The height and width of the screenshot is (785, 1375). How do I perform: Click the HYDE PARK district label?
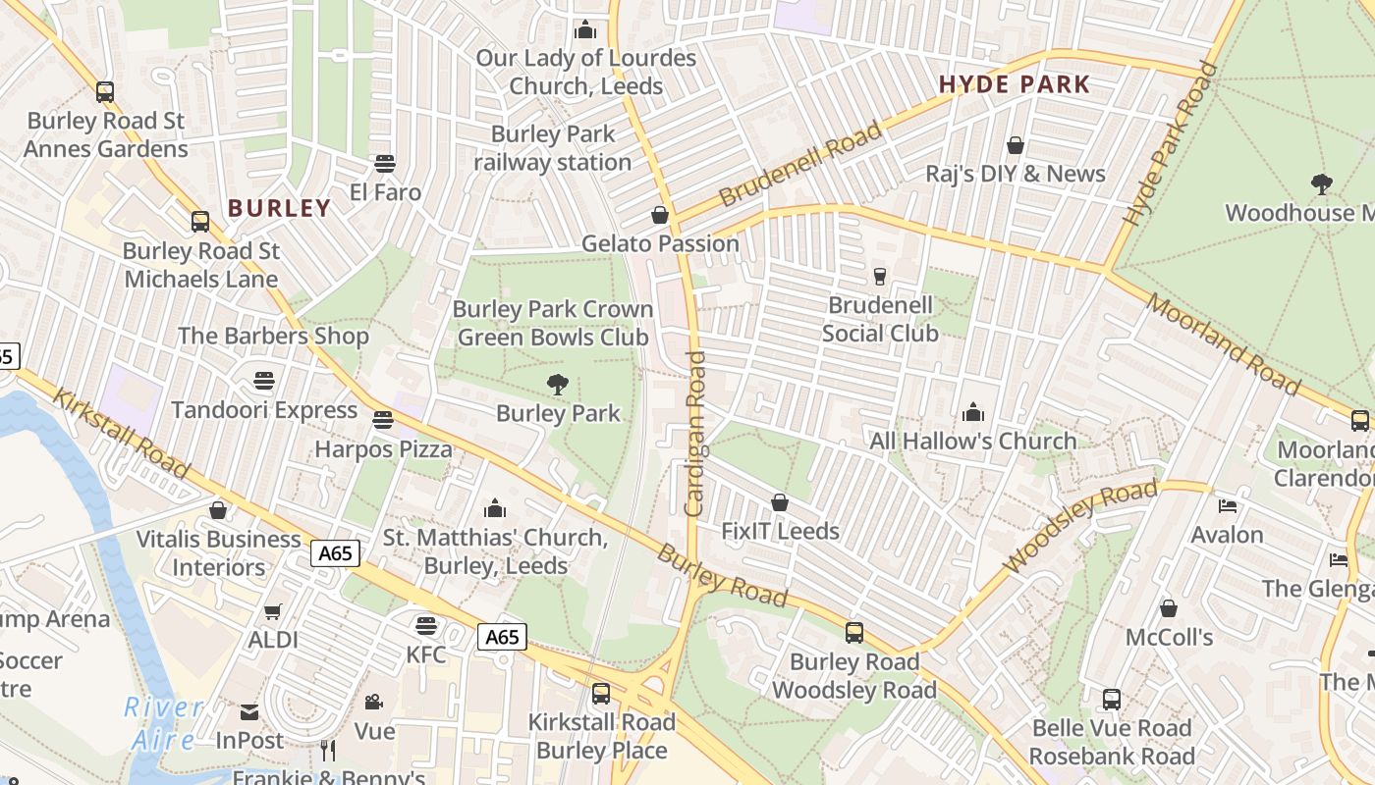(x=1015, y=84)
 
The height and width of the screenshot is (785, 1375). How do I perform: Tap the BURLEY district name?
(x=280, y=208)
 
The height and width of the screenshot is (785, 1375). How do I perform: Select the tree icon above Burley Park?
(x=558, y=385)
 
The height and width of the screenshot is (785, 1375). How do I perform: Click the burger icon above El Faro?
(x=385, y=164)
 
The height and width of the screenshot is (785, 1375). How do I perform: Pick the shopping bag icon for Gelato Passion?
(x=660, y=215)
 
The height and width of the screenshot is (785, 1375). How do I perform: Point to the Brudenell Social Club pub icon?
(x=879, y=277)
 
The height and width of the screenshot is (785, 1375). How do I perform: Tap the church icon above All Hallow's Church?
(x=973, y=412)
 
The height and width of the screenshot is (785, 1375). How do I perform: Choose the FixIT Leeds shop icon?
(x=780, y=502)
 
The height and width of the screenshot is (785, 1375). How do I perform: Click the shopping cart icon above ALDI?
(x=273, y=611)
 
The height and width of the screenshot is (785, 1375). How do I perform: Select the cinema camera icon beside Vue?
(x=373, y=702)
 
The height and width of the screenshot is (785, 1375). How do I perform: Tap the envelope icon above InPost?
(x=249, y=711)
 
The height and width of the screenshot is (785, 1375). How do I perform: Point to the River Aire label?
(x=164, y=722)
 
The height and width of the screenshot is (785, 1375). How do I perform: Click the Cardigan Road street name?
(x=695, y=434)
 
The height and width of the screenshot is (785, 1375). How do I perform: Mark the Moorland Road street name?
(x=1223, y=344)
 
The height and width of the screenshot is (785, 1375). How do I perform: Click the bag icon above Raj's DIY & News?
(x=1016, y=145)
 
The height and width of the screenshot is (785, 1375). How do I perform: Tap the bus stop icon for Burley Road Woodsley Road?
(x=854, y=633)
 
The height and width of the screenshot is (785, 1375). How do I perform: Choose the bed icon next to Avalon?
(x=1228, y=506)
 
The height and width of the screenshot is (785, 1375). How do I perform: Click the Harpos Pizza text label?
(x=383, y=449)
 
